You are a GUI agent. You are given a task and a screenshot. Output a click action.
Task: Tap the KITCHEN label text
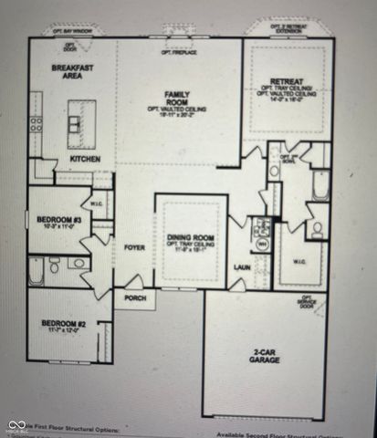click(86, 158)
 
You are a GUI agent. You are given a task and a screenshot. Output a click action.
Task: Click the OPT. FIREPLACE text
click(179, 53)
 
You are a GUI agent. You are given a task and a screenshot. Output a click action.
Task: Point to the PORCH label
click(135, 298)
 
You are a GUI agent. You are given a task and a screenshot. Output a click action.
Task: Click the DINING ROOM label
click(190, 239)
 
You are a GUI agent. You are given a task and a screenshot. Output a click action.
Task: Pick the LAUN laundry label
click(242, 267)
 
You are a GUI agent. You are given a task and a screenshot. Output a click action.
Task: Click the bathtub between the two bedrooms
click(36, 271)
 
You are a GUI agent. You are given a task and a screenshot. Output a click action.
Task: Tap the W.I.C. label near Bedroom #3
click(98, 204)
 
